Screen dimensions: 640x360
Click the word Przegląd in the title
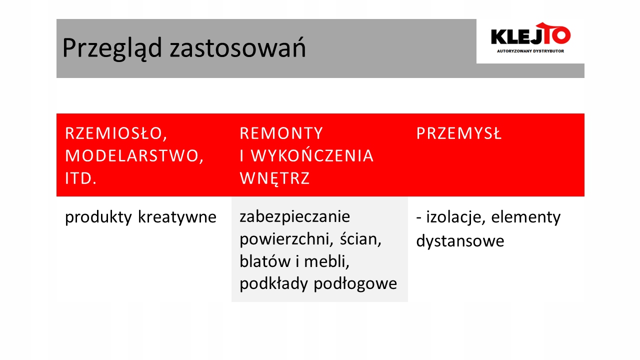click(x=112, y=48)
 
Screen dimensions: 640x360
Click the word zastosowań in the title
click(x=237, y=47)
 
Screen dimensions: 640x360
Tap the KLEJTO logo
click(x=530, y=33)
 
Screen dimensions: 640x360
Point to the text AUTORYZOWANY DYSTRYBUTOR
click(x=530, y=51)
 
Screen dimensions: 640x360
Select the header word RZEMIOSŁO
click(x=115, y=133)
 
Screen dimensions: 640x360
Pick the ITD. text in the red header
click(x=80, y=178)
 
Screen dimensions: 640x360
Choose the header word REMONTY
click(x=281, y=133)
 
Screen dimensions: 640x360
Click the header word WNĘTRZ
click(x=274, y=178)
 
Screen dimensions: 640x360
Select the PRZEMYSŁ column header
click(x=458, y=133)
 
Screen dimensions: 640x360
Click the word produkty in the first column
click(x=98, y=217)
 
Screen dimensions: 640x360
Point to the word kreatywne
click(x=177, y=217)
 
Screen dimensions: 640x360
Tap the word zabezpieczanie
click(x=294, y=217)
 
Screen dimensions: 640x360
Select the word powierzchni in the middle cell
click(x=286, y=239)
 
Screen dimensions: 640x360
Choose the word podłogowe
click(x=355, y=284)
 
